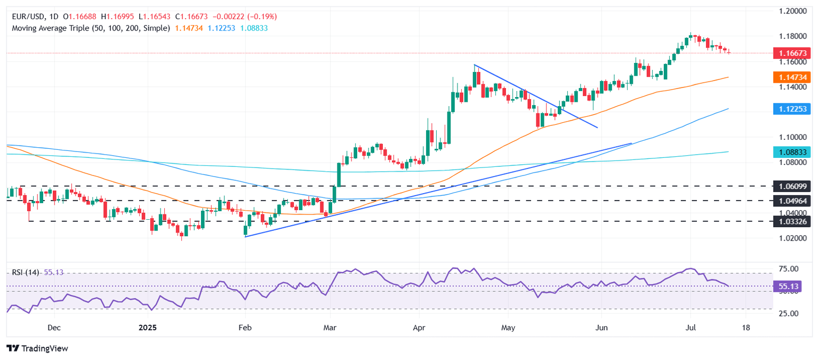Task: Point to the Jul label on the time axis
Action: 690,327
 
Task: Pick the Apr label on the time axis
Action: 419,327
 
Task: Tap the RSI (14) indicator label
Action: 26,272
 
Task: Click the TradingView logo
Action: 37,348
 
